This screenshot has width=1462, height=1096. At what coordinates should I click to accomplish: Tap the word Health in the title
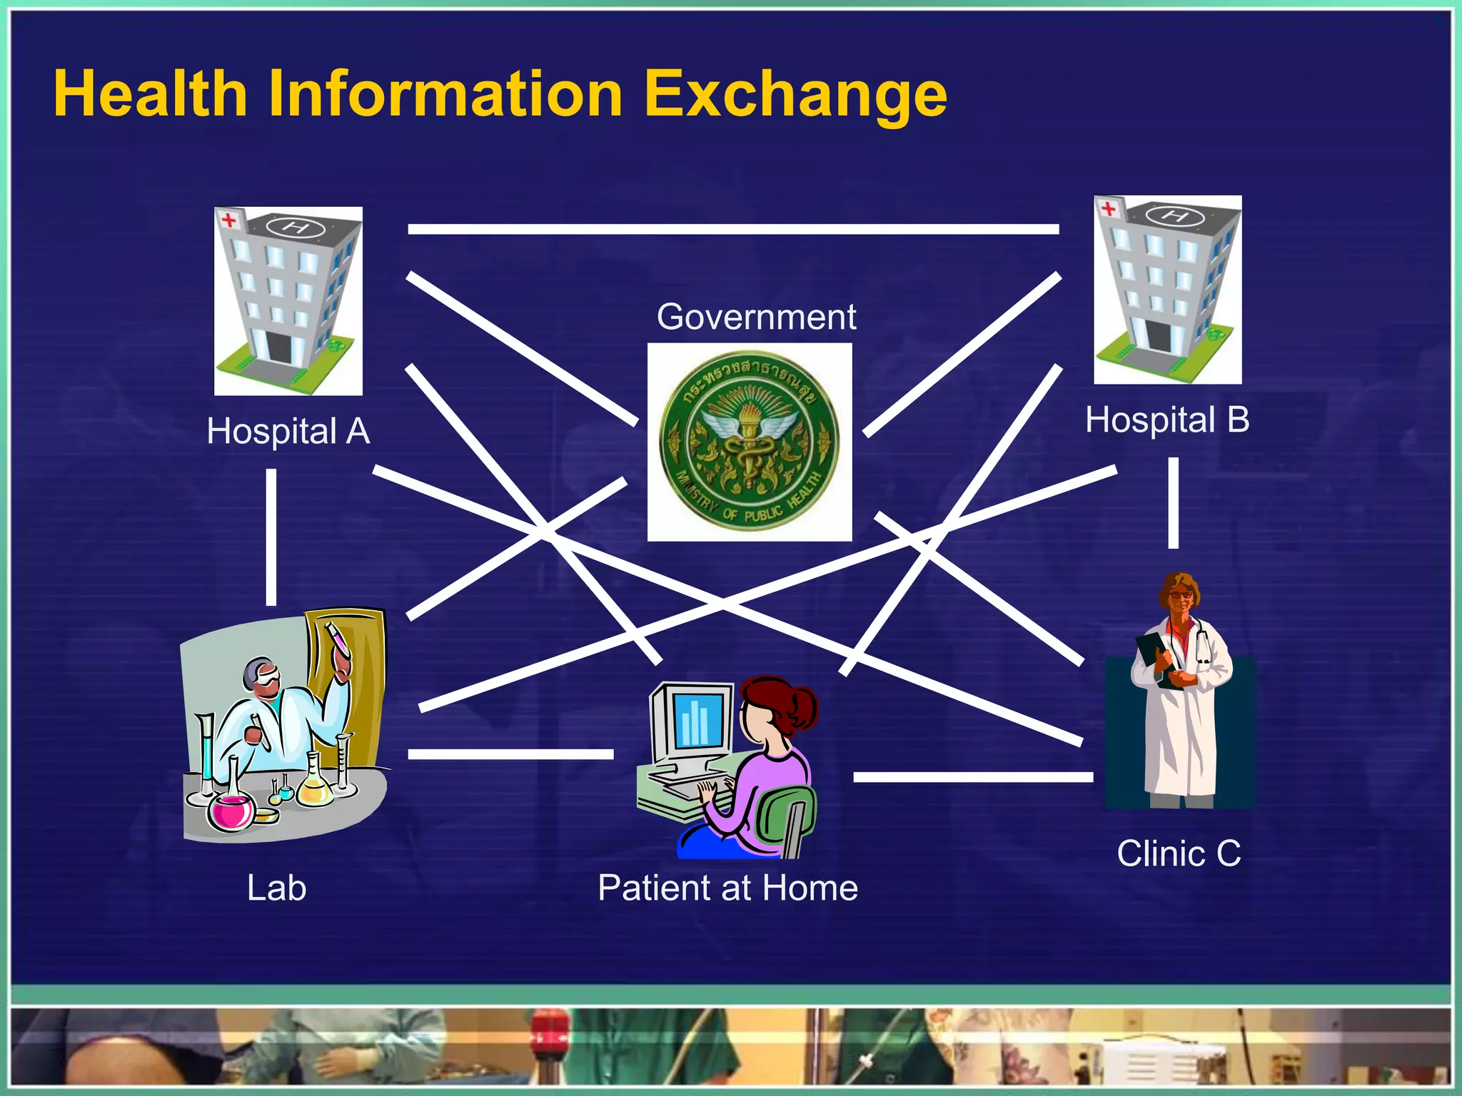tap(151, 94)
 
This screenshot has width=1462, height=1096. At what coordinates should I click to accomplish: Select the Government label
tap(756, 317)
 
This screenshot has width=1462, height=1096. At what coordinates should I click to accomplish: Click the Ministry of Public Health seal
tap(750, 441)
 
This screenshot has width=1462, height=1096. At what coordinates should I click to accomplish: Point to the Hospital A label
tap(288, 432)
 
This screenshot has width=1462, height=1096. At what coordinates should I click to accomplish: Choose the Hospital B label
tap(1167, 420)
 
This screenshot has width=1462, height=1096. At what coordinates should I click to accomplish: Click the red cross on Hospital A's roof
tap(228, 219)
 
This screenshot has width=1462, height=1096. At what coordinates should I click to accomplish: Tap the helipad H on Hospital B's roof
tap(1174, 215)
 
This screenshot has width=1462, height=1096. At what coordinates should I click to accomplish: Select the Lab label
tap(276, 888)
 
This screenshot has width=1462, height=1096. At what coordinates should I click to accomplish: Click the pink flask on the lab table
tap(231, 811)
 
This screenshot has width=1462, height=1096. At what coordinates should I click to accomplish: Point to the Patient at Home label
tap(727, 888)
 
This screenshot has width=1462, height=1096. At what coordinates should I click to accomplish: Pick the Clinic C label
tap(1179, 853)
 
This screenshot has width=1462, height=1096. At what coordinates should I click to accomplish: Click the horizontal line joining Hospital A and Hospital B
tap(733, 229)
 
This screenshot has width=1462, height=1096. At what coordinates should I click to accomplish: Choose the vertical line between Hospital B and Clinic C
tap(1173, 503)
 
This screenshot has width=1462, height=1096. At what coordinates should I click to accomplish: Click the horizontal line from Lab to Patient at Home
tap(510, 754)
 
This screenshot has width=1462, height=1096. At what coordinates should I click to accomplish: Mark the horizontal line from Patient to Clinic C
tap(972, 777)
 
